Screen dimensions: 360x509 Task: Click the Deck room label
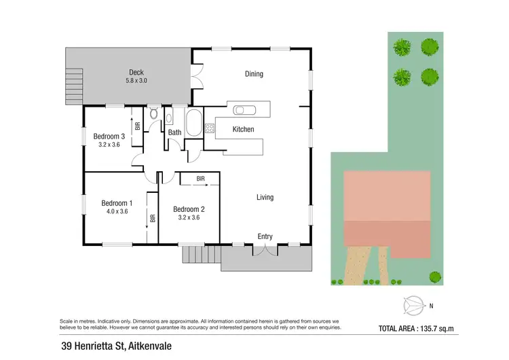click(x=136, y=72)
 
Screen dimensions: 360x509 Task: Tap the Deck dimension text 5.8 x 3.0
click(x=136, y=81)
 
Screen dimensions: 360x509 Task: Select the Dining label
click(x=254, y=74)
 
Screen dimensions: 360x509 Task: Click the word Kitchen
click(x=243, y=129)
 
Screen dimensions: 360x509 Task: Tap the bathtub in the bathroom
click(x=193, y=122)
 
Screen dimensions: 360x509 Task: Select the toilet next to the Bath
click(x=153, y=113)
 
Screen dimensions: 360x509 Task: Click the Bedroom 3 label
click(x=109, y=136)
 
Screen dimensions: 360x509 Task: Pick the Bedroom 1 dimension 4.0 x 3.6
click(x=117, y=211)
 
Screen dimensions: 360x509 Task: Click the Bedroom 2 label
click(x=189, y=209)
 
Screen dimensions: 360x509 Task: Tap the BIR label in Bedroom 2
click(x=200, y=179)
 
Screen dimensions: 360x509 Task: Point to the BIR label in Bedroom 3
click(x=138, y=126)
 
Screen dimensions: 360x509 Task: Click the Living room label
click(x=265, y=198)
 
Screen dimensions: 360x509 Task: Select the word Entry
click(x=265, y=236)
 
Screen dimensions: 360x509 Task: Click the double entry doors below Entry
click(x=265, y=250)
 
